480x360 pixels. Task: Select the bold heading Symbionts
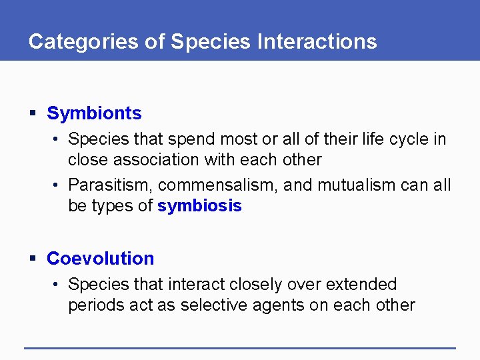pos(94,113)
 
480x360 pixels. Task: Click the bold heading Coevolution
pos(100,259)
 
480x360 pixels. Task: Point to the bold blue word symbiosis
pos(199,206)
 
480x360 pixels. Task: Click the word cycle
pos(407,139)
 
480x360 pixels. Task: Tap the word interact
pos(197,285)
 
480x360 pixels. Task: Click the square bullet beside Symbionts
pos(33,114)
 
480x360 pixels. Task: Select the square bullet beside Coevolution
pos(33,259)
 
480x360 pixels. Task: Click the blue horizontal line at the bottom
pos(240,347)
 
